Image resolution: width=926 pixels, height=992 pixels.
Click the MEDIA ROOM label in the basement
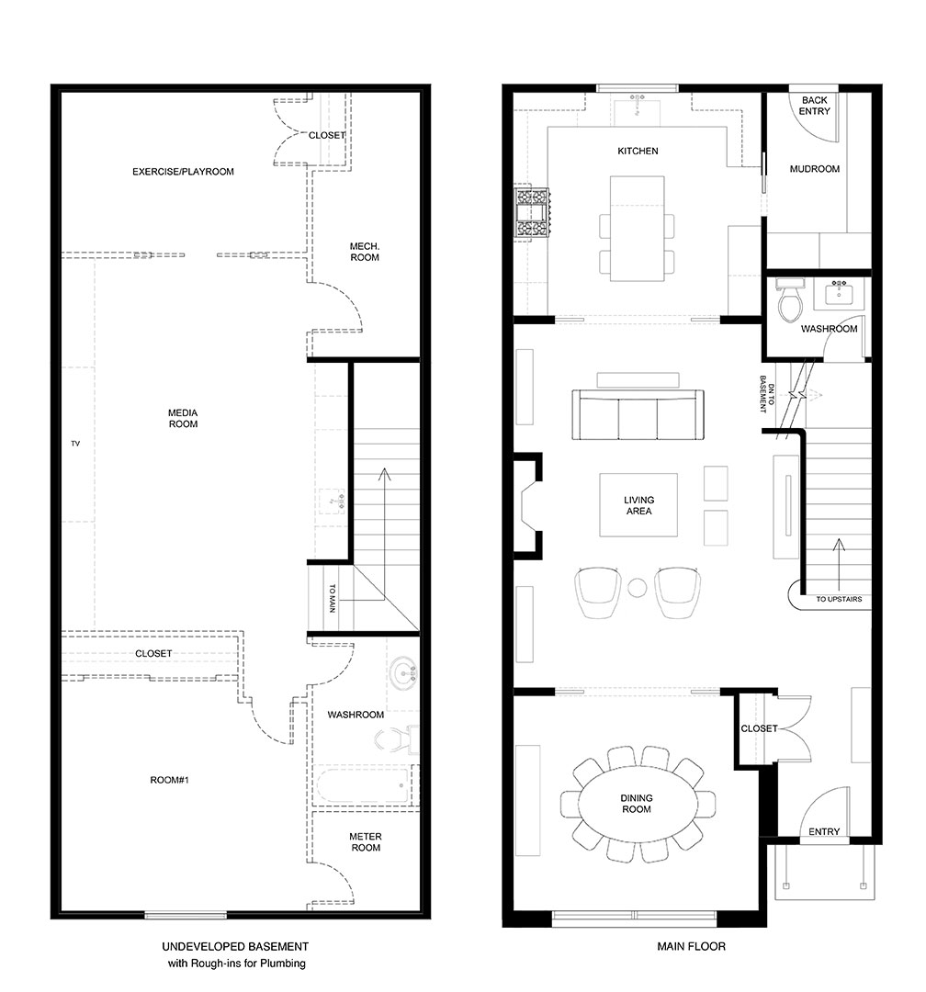(183, 419)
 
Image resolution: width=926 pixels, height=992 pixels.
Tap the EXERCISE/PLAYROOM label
(183, 172)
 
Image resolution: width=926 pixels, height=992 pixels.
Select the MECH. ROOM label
(365, 252)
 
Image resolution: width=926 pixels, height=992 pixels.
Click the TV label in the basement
(75, 445)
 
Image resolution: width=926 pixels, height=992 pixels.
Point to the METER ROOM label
(365, 842)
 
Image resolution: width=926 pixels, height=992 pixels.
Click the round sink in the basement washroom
(402, 674)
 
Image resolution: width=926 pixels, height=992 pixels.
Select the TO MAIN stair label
(332, 597)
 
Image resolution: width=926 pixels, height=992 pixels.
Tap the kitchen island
(637, 230)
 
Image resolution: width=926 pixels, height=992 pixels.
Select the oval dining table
(637, 804)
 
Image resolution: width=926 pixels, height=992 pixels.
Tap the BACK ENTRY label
(815, 106)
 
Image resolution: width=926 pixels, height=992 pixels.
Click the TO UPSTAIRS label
(838, 600)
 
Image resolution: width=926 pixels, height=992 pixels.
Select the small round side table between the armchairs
(637, 588)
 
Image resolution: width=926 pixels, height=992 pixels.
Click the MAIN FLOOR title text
(691, 946)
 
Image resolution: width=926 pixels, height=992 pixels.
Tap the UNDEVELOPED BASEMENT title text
(235, 946)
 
